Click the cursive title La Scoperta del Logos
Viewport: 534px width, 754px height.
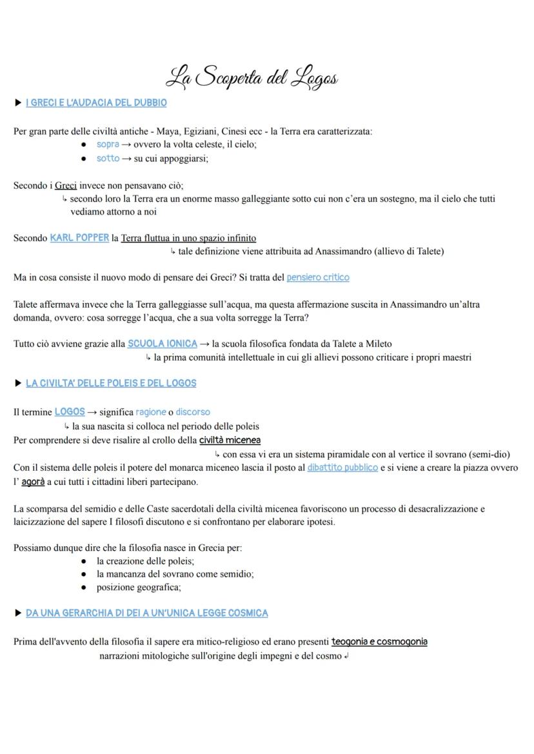point(252,78)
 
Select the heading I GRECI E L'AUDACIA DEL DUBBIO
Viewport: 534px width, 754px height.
point(96,103)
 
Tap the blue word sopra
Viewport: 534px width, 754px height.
point(108,144)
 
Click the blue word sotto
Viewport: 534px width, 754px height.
point(108,158)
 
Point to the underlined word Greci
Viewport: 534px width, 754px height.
point(66,186)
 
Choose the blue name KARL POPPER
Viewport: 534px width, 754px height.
point(79,237)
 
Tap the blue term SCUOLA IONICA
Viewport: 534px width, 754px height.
point(163,344)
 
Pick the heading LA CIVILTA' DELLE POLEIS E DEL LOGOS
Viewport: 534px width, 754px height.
point(111,383)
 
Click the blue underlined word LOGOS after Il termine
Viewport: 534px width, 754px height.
point(70,412)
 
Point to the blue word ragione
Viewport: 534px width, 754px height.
point(151,412)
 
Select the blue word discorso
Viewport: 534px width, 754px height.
point(193,412)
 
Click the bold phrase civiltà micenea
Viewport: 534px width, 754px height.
point(230,441)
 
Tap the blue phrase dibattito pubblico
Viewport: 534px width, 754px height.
point(342,468)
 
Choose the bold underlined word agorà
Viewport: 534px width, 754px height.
point(34,482)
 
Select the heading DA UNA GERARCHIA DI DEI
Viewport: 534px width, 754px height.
point(146,613)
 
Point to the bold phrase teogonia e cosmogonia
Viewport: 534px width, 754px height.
point(379,642)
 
